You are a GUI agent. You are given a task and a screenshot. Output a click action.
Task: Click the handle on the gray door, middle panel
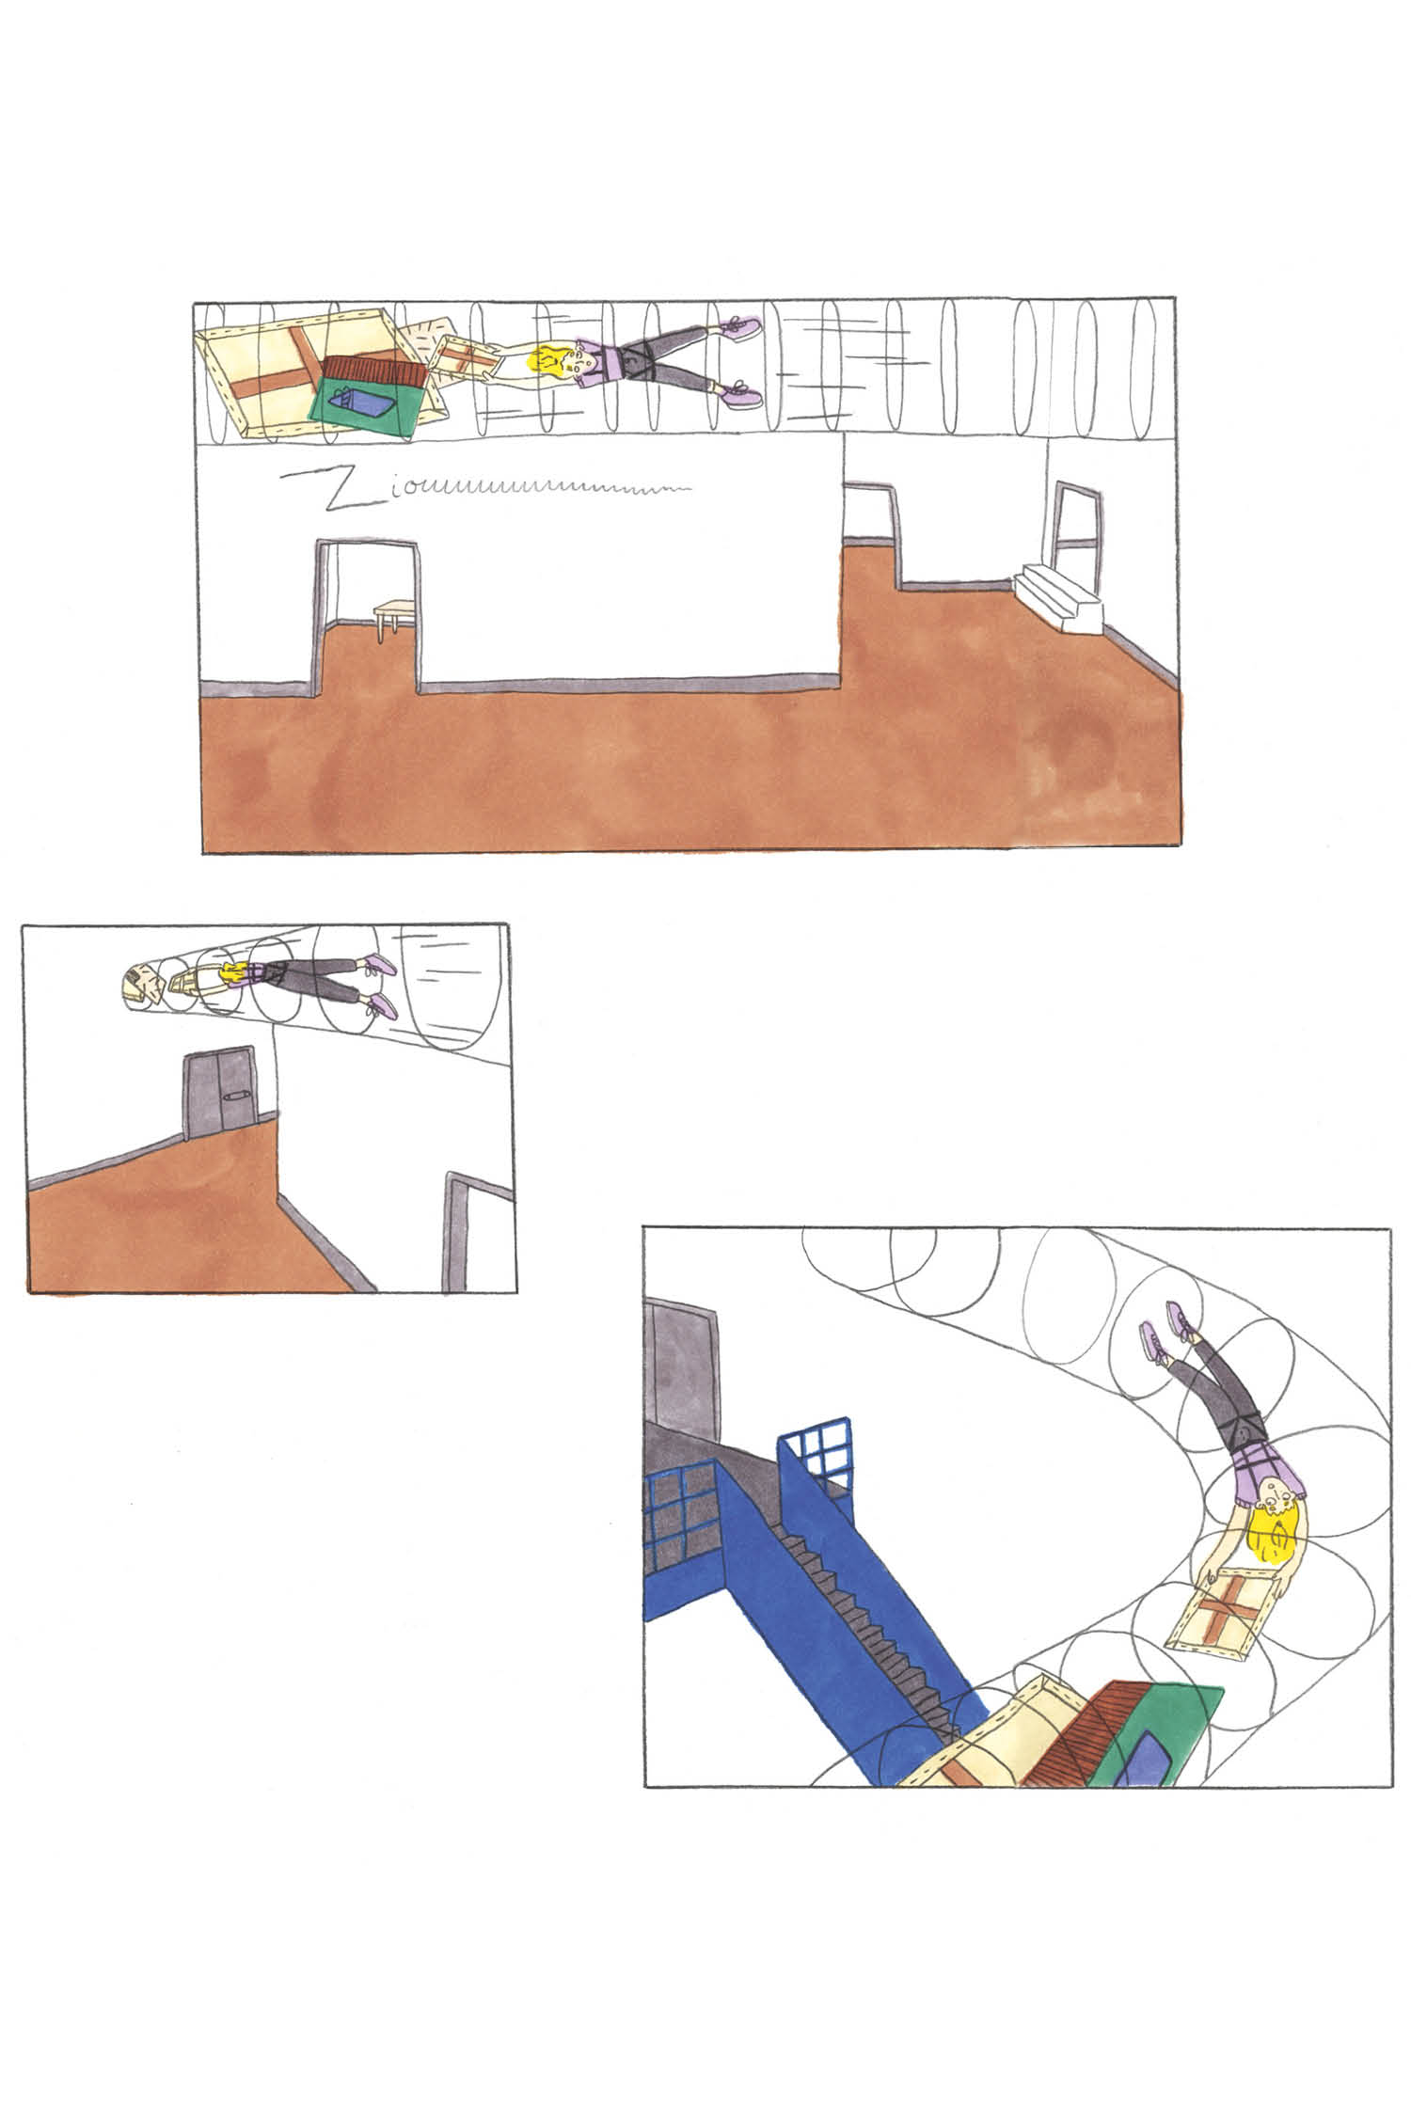coord(234,1095)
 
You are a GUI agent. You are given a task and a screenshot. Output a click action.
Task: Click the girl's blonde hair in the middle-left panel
coord(231,974)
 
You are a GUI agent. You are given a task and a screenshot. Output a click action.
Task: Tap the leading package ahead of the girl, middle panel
coord(140,985)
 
